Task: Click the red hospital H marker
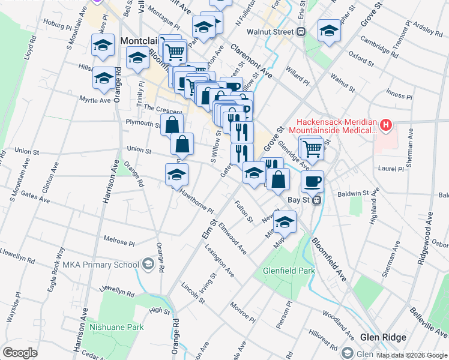(386, 125)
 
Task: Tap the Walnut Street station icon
(303, 32)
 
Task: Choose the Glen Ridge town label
(383, 337)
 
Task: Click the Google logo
(20, 352)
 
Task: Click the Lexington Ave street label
(219, 260)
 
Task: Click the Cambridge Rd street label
(379, 46)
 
